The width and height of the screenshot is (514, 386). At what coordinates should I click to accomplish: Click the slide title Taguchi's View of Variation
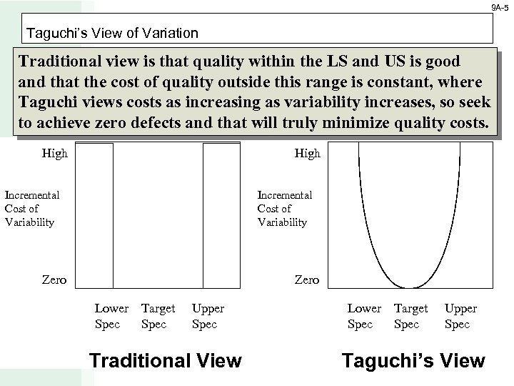tap(112, 33)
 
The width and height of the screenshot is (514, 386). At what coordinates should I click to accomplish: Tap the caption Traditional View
tap(165, 361)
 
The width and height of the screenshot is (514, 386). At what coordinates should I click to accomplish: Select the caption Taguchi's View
tap(413, 361)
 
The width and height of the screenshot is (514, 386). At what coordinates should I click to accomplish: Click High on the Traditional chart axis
tap(55, 153)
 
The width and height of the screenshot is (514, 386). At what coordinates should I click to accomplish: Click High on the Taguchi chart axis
tap(308, 153)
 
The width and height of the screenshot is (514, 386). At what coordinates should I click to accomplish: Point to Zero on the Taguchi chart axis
tap(307, 279)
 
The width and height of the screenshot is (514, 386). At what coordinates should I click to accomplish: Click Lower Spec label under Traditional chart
tap(111, 316)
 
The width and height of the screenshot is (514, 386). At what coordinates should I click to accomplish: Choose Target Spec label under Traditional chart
tap(158, 316)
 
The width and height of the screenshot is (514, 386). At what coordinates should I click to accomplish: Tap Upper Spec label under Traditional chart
tap(208, 316)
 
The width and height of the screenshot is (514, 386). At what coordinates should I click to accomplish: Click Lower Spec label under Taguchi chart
tap(364, 316)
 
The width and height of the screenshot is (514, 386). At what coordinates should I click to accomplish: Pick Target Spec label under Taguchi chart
tap(410, 316)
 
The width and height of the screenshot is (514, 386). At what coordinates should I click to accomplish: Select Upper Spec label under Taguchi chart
tap(460, 316)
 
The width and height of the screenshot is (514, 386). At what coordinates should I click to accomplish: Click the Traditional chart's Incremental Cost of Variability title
tap(32, 208)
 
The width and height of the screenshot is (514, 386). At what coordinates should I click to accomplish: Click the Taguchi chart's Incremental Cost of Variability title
tap(284, 208)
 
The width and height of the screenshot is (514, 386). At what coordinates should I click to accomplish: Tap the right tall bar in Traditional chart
tap(221, 214)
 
